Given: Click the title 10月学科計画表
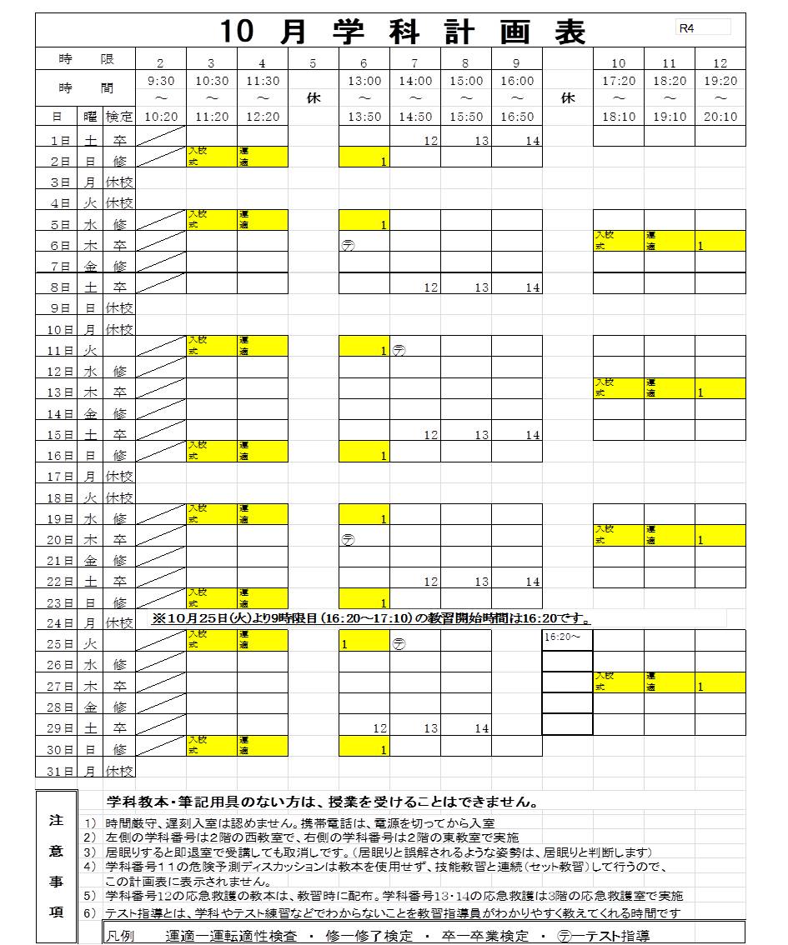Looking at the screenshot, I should click(x=404, y=32).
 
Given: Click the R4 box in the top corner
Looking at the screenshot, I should click(x=703, y=27).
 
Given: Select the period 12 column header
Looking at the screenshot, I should click(x=720, y=62).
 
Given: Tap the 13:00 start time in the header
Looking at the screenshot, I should click(x=364, y=81).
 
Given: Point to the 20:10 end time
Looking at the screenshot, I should click(x=720, y=117).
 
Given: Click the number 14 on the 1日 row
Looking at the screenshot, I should click(x=533, y=141).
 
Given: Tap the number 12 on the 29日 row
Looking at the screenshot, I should click(x=380, y=728).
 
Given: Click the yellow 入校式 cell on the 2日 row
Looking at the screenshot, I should click(x=211, y=156).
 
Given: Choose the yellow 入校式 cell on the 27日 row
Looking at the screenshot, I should click(x=618, y=682).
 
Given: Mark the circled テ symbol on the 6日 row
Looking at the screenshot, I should click(x=348, y=246).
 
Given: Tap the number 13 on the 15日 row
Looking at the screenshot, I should click(x=482, y=435).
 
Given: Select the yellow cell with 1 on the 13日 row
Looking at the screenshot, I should click(x=720, y=387).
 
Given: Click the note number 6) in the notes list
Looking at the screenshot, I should click(x=91, y=912).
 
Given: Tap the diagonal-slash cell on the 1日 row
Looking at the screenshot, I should click(x=160, y=136).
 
